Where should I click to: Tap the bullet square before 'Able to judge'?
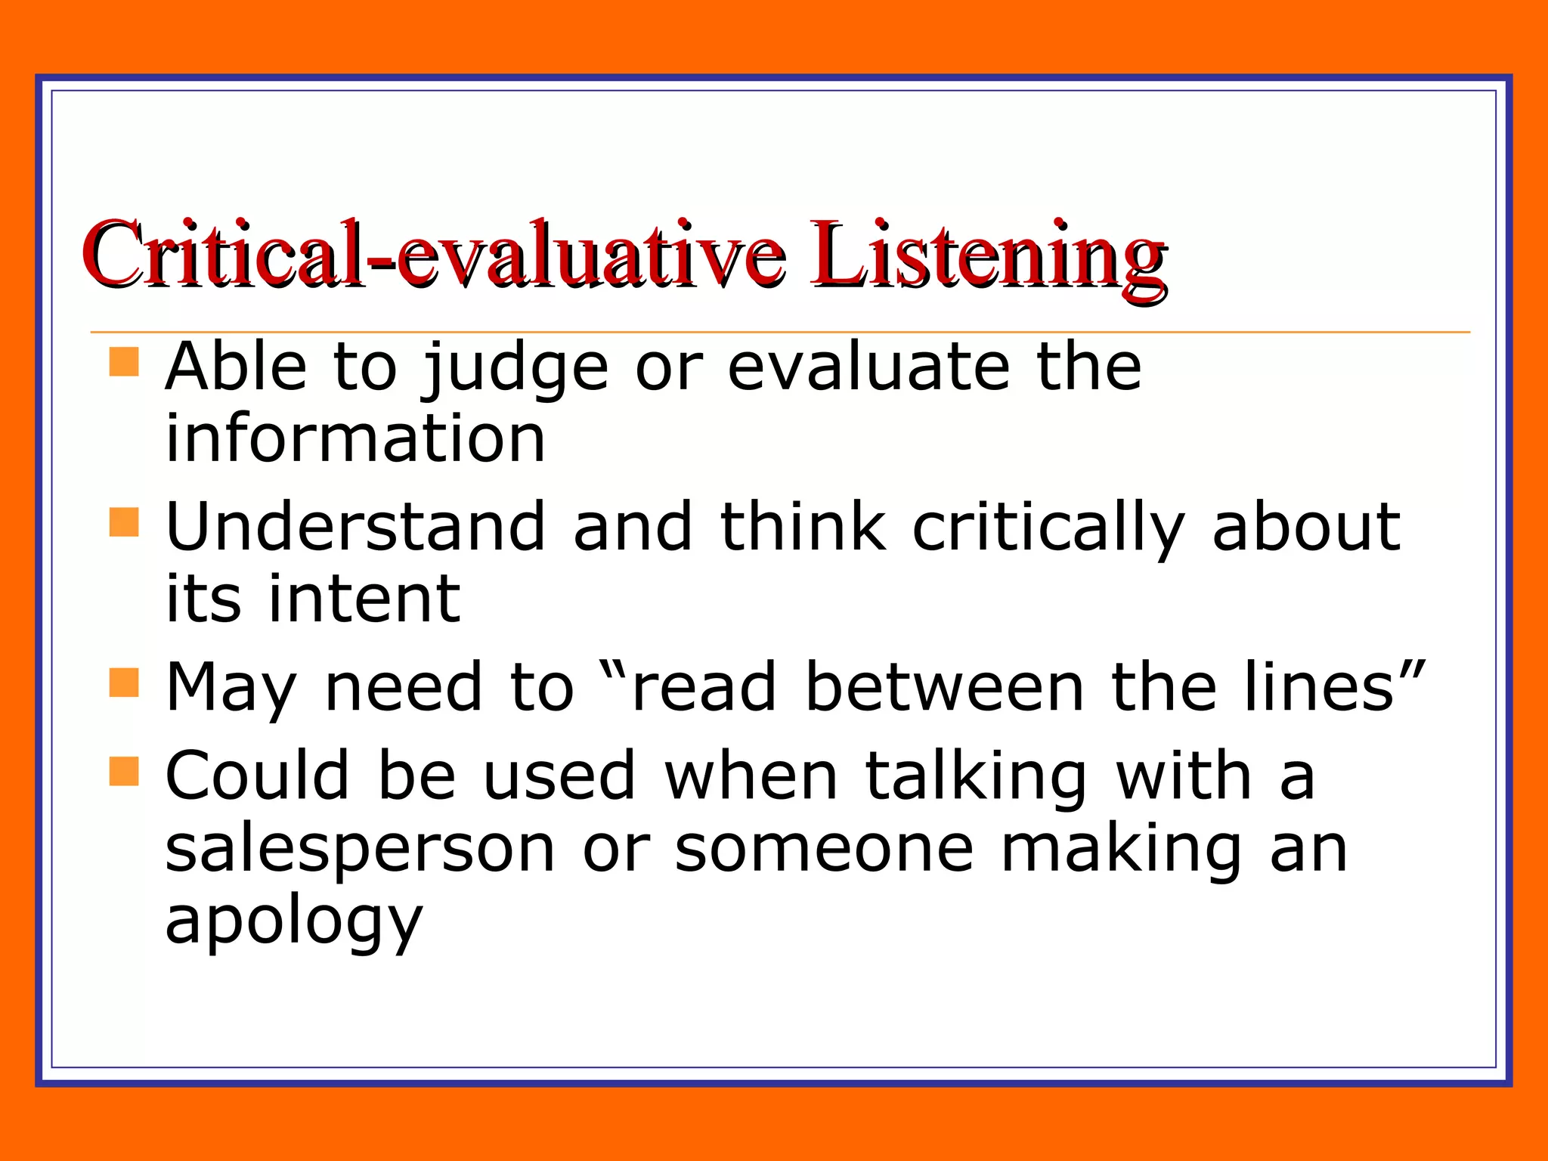coord(124,361)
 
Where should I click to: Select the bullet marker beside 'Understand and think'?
coord(124,522)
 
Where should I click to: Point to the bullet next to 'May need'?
coord(124,682)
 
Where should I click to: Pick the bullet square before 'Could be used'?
coord(124,772)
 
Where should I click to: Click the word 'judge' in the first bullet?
coord(515,368)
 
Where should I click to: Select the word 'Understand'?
coord(355,527)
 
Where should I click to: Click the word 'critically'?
coord(1048,527)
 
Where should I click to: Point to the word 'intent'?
coord(364,599)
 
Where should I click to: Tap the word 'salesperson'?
coord(360,850)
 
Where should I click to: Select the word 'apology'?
coord(293,922)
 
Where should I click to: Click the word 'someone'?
coord(824,850)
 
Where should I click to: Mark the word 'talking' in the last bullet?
coord(976,777)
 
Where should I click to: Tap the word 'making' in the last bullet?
coord(1122,850)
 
